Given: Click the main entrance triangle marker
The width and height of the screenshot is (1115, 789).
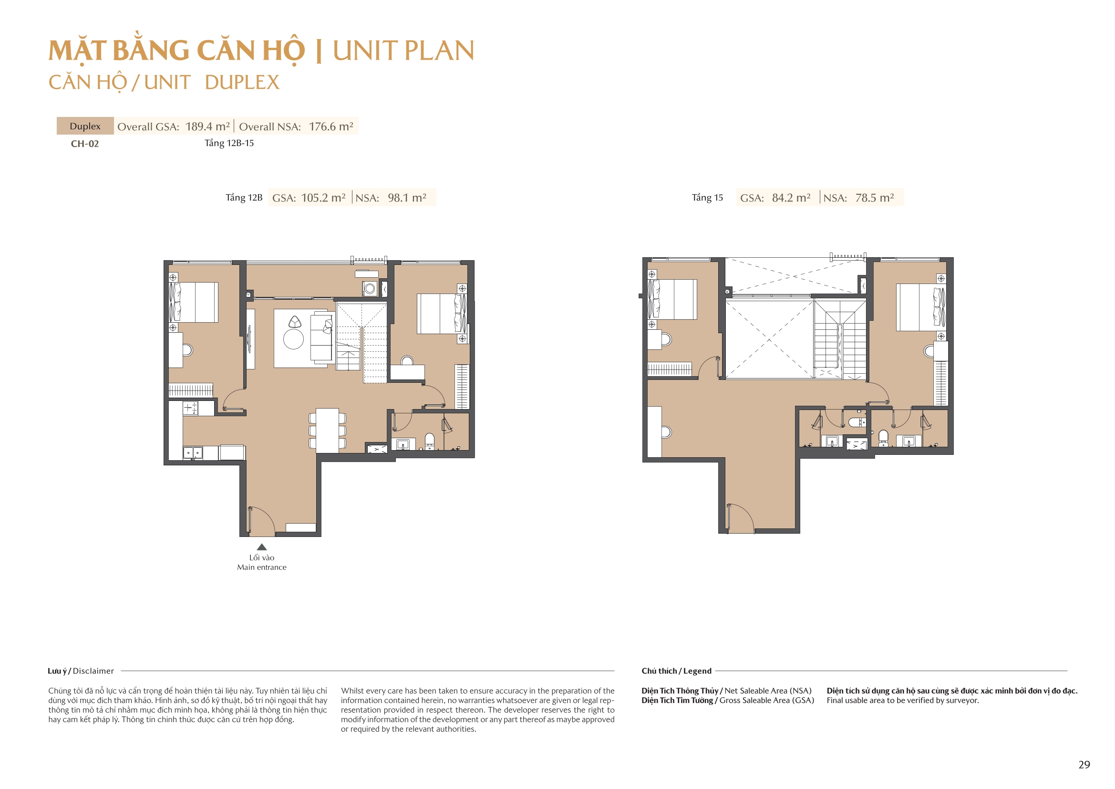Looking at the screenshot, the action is tap(262, 547).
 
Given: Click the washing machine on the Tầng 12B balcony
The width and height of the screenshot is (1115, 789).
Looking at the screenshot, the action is tap(370, 289).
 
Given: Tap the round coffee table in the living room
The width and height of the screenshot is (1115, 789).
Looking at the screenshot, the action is tap(293, 339).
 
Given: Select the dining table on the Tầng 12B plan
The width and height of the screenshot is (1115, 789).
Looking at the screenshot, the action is tap(327, 430).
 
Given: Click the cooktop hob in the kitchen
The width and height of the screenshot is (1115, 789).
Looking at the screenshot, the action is tap(190, 408).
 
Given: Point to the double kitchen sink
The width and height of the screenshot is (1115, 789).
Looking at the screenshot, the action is tap(193, 453).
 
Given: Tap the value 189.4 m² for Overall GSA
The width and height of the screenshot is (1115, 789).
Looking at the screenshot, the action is tap(207, 126).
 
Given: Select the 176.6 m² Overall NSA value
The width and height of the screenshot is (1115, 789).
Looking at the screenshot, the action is tap(331, 126).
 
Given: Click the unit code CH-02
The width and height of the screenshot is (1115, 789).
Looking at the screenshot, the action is tap(84, 143).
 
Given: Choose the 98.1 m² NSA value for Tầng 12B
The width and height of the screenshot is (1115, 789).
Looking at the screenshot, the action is tap(407, 198).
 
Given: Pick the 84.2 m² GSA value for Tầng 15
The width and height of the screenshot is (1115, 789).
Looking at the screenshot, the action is tap(791, 198).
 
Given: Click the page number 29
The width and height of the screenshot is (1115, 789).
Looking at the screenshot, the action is tap(1084, 765).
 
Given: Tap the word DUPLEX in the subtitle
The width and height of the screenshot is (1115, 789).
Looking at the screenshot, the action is tap(242, 83).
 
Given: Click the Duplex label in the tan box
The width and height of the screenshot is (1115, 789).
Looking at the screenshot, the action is tap(85, 126).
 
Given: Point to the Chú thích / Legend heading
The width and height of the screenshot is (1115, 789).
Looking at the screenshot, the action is tap(676, 671).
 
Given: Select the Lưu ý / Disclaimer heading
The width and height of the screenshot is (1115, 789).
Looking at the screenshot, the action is tap(81, 671).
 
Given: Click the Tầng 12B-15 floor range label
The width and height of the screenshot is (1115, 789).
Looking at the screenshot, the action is tap(229, 143).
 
